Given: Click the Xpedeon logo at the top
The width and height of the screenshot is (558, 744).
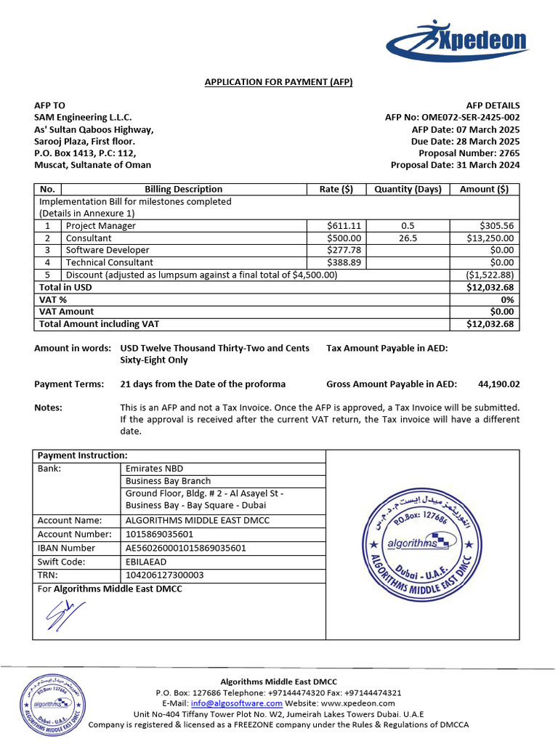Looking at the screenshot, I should point(456,41).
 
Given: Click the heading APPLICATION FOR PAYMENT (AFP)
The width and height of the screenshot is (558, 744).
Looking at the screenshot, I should point(278,82).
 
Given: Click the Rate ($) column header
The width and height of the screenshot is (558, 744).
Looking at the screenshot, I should point(336,189).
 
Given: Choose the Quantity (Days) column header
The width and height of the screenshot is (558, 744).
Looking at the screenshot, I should point(408,189).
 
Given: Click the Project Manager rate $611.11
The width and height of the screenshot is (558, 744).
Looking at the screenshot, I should point(344,226).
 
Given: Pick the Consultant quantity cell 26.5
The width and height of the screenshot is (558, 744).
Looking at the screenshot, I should point(408,238).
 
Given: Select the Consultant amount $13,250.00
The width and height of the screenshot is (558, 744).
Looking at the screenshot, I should point(490,238).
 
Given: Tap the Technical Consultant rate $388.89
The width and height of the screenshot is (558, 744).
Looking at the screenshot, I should point(344,262).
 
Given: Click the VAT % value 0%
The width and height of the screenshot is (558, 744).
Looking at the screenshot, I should point(507,299).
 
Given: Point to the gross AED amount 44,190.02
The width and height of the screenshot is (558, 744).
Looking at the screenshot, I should point(498,384).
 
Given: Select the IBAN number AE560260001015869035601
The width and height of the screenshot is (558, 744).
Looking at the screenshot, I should point(186,548).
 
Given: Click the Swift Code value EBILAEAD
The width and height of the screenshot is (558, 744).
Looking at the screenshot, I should point(147,562).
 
